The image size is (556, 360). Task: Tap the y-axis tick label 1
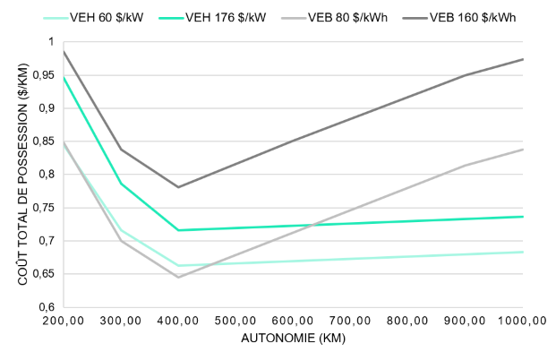click(51, 42)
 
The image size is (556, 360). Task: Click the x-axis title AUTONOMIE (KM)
click(292, 340)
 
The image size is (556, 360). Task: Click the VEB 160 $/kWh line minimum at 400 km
click(178, 187)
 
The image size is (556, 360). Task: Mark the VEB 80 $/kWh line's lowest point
click(178, 277)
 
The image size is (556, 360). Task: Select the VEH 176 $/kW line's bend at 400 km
click(178, 230)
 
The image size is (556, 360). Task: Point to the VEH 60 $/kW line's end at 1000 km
click(523, 252)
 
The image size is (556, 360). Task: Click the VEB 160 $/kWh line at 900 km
click(466, 75)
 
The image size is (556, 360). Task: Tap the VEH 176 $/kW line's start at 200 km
click(64, 77)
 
